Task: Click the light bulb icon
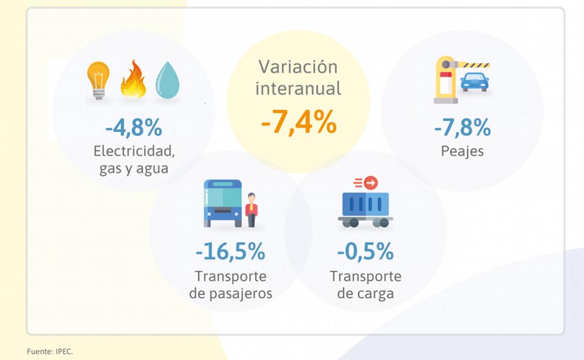click(x=98, y=80)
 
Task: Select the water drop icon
click(x=167, y=80)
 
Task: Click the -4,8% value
click(x=133, y=128)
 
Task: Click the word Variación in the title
click(x=298, y=67)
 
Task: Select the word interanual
click(x=298, y=89)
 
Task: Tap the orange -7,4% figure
click(x=298, y=122)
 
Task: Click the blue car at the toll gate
click(x=474, y=82)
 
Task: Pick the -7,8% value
click(x=462, y=128)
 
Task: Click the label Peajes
click(x=462, y=151)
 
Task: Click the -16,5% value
click(x=230, y=253)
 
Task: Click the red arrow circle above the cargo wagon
click(x=371, y=183)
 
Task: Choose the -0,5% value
click(x=365, y=253)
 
